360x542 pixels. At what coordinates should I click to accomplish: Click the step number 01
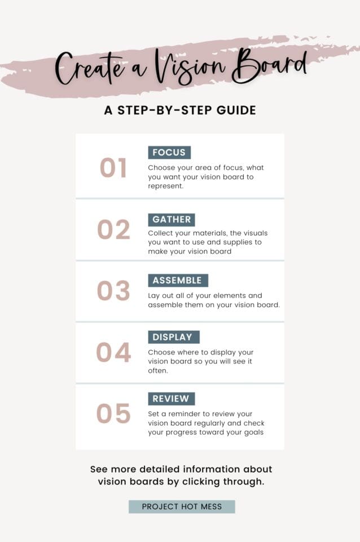click(113, 168)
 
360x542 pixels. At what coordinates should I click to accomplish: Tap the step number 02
click(113, 229)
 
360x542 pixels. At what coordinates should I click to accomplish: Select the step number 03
click(113, 291)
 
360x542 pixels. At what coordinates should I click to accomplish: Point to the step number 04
click(113, 352)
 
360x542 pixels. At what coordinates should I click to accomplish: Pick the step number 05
click(113, 413)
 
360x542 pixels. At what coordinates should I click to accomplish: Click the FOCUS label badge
click(169, 152)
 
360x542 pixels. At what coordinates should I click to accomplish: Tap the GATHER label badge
click(172, 220)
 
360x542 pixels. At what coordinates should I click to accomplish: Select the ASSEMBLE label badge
click(178, 281)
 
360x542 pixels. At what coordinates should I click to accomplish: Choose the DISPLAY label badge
click(173, 337)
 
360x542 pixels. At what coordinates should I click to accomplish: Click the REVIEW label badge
click(172, 399)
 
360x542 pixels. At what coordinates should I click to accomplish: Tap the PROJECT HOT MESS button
click(181, 506)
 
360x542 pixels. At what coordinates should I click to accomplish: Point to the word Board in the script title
click(271, 67)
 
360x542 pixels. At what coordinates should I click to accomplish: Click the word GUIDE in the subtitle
click(236, 110)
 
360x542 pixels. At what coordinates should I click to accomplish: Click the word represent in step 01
click(165, 186)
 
